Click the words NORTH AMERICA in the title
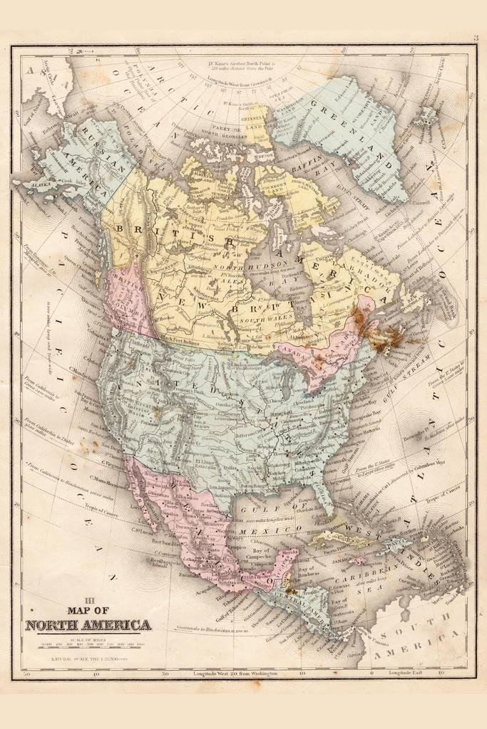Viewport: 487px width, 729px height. point(88,625)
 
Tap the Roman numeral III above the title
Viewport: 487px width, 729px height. point(89,599)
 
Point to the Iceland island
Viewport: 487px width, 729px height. point(428,116)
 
